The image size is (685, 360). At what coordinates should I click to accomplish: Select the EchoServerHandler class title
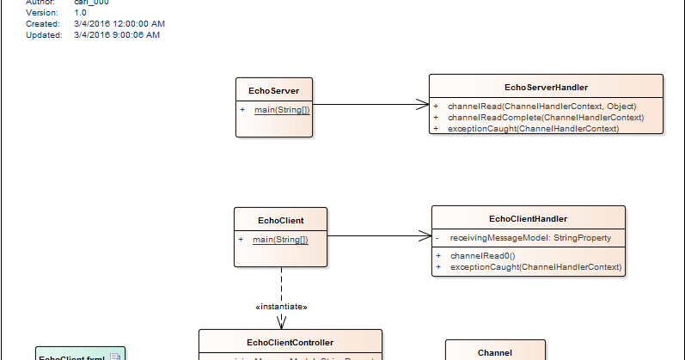546,87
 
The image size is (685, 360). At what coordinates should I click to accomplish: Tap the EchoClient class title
280,220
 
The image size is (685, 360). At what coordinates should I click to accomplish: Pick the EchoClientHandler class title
528,219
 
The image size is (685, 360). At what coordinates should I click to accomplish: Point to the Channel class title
494,351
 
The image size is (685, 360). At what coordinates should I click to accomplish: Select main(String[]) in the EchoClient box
280,240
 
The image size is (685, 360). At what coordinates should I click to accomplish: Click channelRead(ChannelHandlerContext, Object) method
541,106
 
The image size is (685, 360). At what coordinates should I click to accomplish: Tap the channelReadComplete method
546,117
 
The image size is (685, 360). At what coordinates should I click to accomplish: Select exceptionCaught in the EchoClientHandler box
535,267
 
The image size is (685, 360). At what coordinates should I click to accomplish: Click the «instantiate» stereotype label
281,307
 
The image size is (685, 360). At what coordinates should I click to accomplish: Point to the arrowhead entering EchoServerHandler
423,105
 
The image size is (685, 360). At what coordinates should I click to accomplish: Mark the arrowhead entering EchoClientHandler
425,235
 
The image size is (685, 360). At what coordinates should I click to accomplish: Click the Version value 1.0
80,14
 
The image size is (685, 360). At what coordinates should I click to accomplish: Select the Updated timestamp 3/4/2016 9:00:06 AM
117,35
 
